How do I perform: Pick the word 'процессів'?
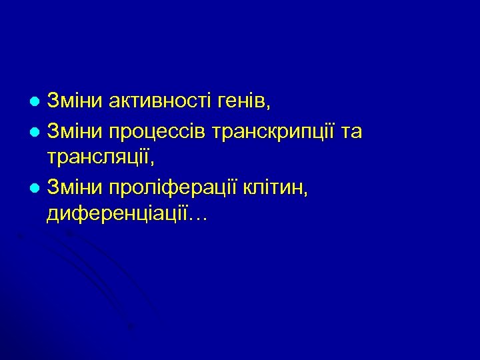click(x=155, y=132)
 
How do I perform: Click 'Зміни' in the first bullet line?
click(x=74, y=103)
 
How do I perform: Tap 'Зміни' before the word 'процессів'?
click(x=74, y=132)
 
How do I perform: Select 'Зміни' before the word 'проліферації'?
click(x=74, y=189)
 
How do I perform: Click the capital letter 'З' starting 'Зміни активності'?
click(x=54, y=103)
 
